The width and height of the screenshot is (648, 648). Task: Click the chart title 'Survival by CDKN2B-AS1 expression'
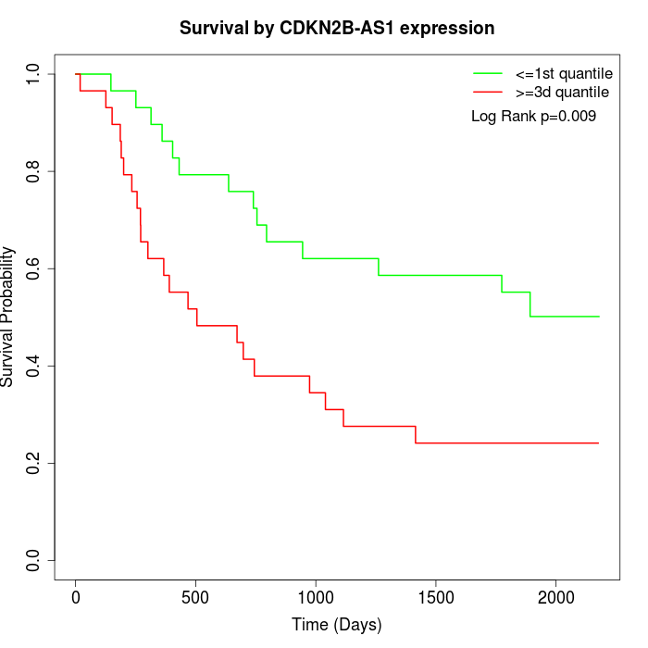tap(337, 28)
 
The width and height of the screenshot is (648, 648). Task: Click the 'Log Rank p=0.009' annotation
tap(533, 116)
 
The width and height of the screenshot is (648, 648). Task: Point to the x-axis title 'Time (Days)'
tap(337, 625)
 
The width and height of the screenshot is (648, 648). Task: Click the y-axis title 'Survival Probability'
tap(8, 317)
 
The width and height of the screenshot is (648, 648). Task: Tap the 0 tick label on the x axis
tap(76, 596)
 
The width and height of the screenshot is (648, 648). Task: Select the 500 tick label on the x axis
tap(196, 596)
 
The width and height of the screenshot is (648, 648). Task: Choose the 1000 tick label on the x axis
tap(316, 596)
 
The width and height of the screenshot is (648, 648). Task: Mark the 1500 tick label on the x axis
tap(436, 596)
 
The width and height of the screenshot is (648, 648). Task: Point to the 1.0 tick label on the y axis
tap(34, 74)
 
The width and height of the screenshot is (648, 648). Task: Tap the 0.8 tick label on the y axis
tap(34, 171)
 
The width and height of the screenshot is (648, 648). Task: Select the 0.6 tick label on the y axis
tap(34, 268)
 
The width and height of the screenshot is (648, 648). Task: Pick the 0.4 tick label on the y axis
tap(34, 366)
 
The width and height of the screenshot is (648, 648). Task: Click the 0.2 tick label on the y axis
tap(34, 463)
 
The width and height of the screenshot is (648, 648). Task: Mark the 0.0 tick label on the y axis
tap(34, 560)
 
